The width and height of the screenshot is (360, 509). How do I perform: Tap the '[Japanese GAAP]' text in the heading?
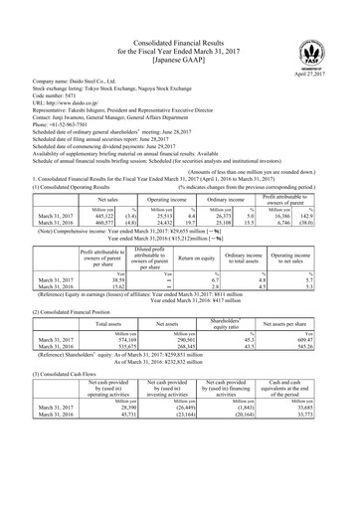[x=179, y=44]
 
